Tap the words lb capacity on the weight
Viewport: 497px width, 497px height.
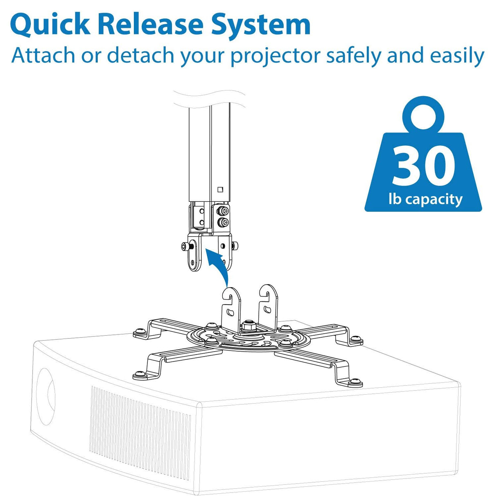tap(425, 199)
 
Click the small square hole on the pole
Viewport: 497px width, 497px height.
tap(221, 189)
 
